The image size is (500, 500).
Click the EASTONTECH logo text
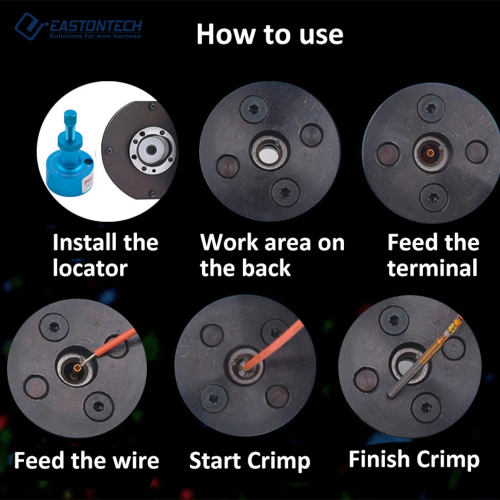pyautogui.click(x=95, y=26)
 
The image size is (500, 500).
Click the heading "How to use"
pyautogui.click(x=270, y=34)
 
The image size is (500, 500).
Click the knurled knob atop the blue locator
pyautogui.click(x=70, y=117)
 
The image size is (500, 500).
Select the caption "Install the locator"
pyautogui.click(x=105, y=255)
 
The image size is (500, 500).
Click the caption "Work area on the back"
pyautogui.click(x=272, y=255)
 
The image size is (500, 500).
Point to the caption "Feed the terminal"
pyautogui.click(x=433, y=255)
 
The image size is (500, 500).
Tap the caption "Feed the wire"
pyautogui.click(x=86, y=460)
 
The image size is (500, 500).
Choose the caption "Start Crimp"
pyautogui.click(x=249, y=461)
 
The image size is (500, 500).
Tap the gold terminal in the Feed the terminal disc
pyautogui.click(x=430, y=153)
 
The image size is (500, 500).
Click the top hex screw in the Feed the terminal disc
pyautogui.click(x=431, y=108)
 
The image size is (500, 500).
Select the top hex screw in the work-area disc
pyautogui.click(x=254, y=109)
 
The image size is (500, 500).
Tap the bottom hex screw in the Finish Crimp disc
pyautogui.click(x=426, y=407)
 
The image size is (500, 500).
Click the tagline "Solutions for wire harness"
pyautogui.click(x=95, y=36)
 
